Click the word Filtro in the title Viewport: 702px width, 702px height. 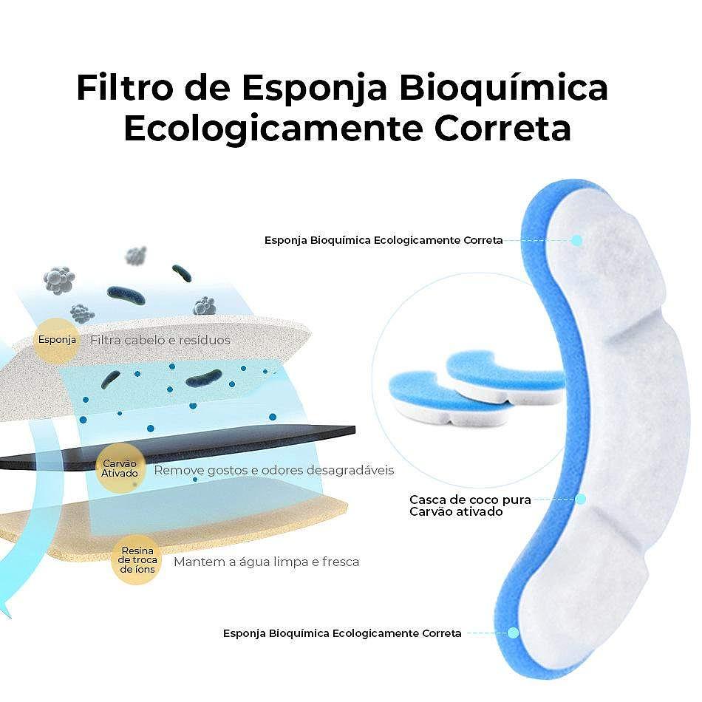pyautogui.click(x=125, y=87)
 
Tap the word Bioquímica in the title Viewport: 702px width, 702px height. pyautogui.click(x=503, y=87)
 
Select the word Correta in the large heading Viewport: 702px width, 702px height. pyautogui.click(x=502, y=129)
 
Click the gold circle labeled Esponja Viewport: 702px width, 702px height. pyautogui.click(x=57, y=340)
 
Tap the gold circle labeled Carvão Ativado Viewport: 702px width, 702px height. pyautogui.click(x=120, y=468)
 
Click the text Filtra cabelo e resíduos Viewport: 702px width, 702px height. pyautogui.click(x=160, y=340)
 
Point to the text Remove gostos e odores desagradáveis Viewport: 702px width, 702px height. pyautogui.click(x=274, y=470)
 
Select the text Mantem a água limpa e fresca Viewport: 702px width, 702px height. pyautogui.click(x=266, y=562)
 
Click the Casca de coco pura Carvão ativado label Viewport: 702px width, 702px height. pyautogui.click(x=470, y=505)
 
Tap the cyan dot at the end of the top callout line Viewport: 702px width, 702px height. pyautogui.click(x=577, y=240)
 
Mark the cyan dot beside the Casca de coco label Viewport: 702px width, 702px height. pyautogui.click(x=581, y=500)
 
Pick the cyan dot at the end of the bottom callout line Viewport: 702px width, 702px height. pyautogui.click(x=514, y=633)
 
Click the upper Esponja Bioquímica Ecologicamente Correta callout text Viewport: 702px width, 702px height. pyautogui.click(x=384, y=240)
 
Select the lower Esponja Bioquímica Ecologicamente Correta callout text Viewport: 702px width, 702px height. pyautogui.click(x=342, y=633)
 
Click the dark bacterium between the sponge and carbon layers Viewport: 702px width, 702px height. pyautogui.click(x=204, y=378)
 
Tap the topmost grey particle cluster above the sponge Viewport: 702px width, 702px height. pyautogui.click(x=136, y=256)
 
